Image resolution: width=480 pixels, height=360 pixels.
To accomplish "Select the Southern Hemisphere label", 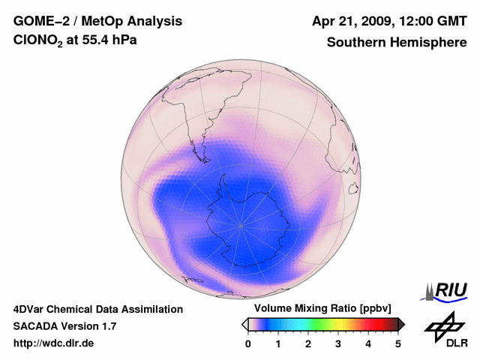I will tap(397, 42).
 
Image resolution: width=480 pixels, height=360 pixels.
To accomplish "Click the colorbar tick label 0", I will tap(248, 343).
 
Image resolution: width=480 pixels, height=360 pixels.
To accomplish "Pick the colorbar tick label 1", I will tap(278, 343).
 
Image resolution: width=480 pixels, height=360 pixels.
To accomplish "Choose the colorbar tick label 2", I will tap(308, 343).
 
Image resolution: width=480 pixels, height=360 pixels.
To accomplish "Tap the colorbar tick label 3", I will tap(338, 343).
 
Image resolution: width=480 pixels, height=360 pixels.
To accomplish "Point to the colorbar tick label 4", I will tap(368, 343).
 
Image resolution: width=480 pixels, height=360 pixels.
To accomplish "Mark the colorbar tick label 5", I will tap(398, 343).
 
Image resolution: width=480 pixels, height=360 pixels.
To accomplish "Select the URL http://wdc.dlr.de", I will tap(54, 343).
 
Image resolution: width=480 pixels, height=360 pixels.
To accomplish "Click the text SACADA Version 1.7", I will tap(64, 326).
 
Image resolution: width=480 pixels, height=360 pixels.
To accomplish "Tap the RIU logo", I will tap(447, 291).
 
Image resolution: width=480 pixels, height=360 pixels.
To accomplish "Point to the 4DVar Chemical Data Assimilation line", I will tap(97, 309).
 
